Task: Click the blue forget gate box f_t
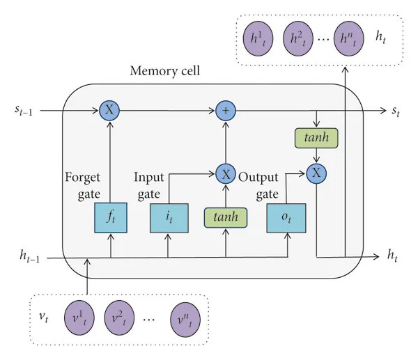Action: (x=109, y=219)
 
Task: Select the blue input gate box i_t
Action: (x=167, y=219)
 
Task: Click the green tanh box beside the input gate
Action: (x=226, y=218)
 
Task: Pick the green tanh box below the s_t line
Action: (x=316, y=139)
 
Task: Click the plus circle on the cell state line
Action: (x=226, y=109)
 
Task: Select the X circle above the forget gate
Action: (x=109, y=109)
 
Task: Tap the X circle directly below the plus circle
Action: (x=226, y=173)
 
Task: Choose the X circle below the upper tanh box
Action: (x=316, y=173)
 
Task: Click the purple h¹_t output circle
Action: (x=260, y=37)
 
